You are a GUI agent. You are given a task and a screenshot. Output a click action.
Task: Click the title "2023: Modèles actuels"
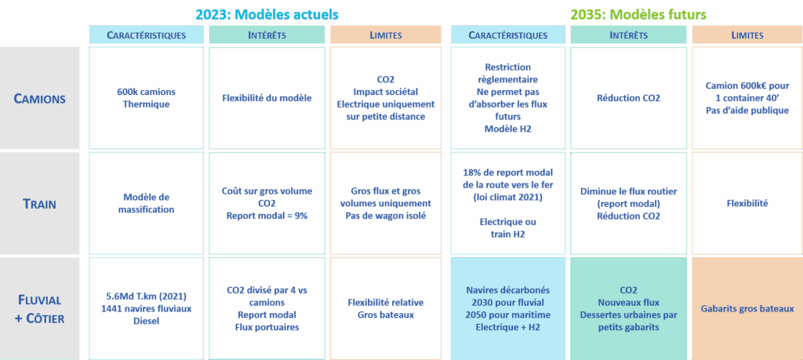(x=267, y=15)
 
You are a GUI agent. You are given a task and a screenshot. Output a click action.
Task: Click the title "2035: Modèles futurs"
(x=638, y=15)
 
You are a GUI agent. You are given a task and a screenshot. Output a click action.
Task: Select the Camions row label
(x=39, y=99)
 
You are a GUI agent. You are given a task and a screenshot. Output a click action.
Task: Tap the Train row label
(x=39, y=204)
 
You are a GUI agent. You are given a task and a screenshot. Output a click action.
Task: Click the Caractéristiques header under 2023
(x=146, y=35)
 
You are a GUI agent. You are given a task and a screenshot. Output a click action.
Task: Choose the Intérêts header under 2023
(x=267, y=35)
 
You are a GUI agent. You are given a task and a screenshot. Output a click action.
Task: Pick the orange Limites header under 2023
(x=386, y=35)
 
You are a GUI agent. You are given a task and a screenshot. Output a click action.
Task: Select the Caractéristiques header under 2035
(x=507, y=35)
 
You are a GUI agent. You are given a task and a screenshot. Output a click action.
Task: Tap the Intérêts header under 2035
(x=627, y=35)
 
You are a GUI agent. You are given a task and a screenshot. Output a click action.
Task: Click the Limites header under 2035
(x=747, y=35)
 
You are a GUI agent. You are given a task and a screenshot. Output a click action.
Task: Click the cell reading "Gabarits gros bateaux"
(x=747, y=308)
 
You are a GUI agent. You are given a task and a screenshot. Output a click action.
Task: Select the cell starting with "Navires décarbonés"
(x=507, y=308)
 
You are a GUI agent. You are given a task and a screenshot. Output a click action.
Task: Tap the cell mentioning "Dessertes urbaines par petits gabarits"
(x=627, y=308)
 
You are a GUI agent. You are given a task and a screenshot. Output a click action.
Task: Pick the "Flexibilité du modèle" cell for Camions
(x=267, y=98)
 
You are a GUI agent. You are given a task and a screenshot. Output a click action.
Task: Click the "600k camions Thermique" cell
(x=146, y=98)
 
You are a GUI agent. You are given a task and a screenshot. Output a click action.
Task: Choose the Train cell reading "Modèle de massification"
(x=146, y=204)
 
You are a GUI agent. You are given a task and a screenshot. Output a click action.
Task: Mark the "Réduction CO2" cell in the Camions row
(x=627, y=98)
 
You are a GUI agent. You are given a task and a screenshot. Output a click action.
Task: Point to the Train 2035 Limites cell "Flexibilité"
(x=747, y=204)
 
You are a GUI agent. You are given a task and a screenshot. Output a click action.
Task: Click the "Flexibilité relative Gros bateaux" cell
(x=386, y=308)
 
